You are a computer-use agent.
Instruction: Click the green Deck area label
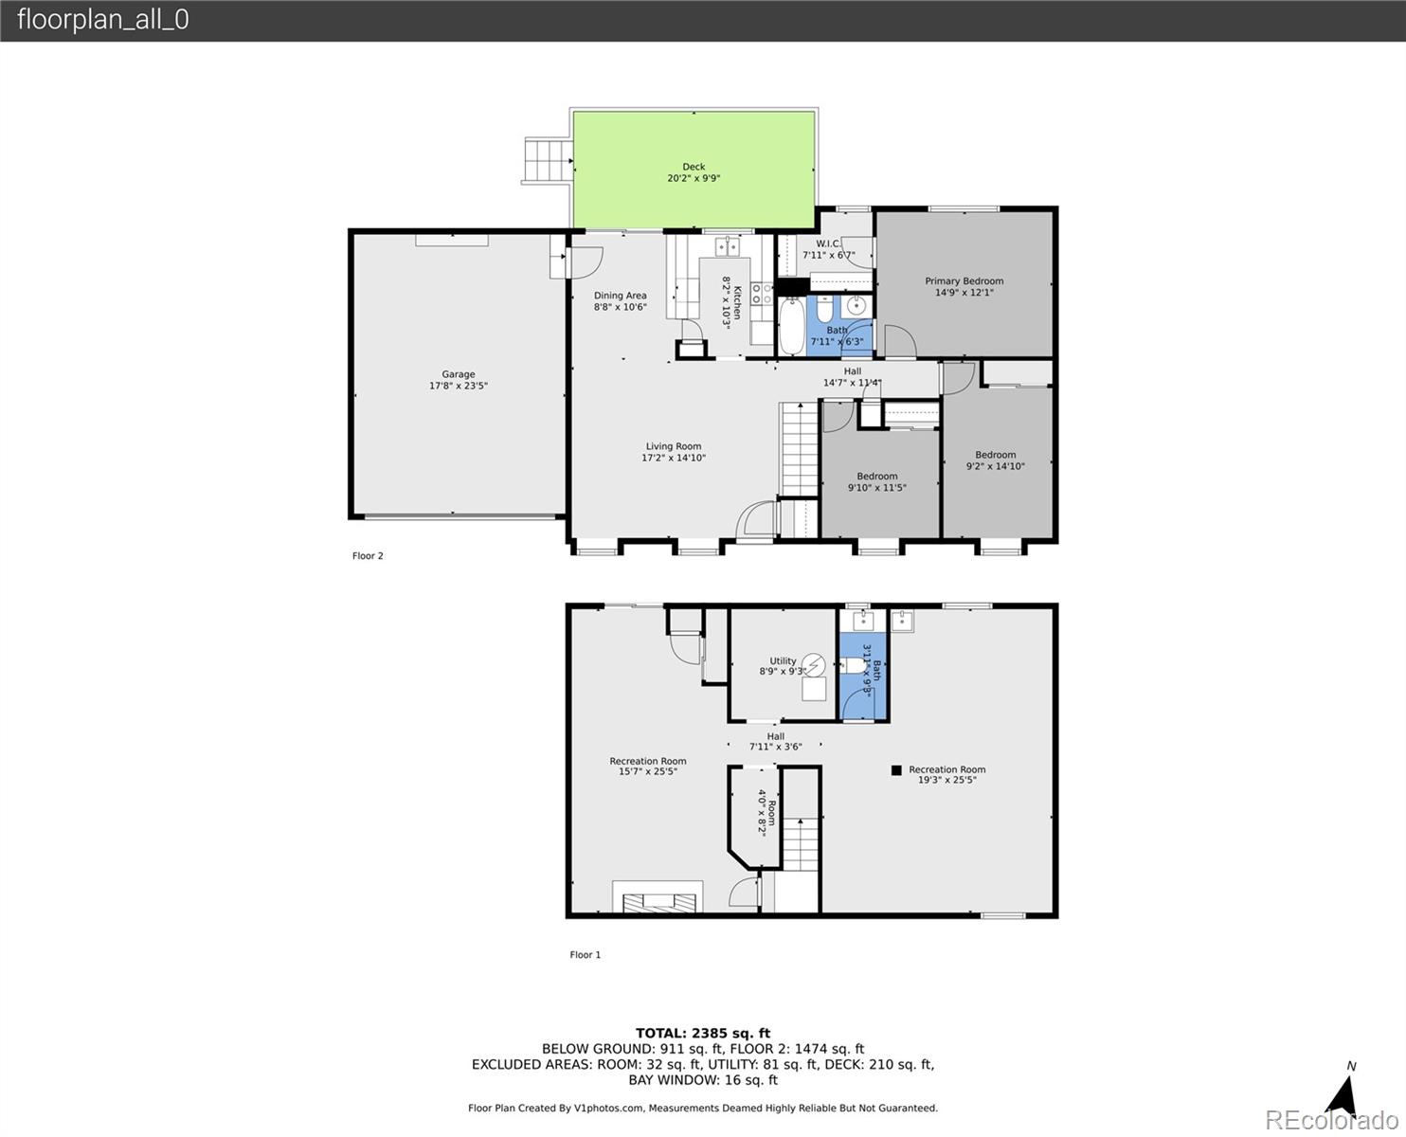pyautogui.click(x=694, y=167)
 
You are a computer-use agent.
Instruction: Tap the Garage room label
pyautogui.click(x=459, y=374)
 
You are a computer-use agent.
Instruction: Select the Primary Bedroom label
pyautogui.click(x=964, y=281)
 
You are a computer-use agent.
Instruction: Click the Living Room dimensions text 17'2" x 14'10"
pyautogui.click(x=674, y=458)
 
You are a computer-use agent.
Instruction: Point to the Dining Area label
pyautogui.click(x=620, y=296)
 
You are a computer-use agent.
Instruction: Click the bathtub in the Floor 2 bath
pyautogui.click(x=791, y=326)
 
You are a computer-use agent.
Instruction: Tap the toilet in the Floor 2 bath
pyautogui.click(x=824, y=308)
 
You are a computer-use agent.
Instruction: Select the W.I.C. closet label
pyautogui.click(x=828, y=244)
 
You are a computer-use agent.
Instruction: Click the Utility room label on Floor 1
pyautogui.click(x=783, y=660)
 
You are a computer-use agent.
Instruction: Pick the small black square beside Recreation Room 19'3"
pyautogui.click(x=896, y=770)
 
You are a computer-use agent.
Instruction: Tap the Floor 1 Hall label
pyautogui.click(x=776, y=736)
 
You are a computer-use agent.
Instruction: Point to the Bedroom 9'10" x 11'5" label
pyautogui.click(x=876, y=477)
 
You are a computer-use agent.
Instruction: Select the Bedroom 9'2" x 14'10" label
pyautogui.click(x=996, y=455)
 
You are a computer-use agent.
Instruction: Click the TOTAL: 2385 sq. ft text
pyautogui.click(x=703, y=1034)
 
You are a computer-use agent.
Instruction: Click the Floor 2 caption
pyautogui.click(x=368, y=555)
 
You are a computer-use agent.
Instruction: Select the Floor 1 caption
pyautogui.click(x=586, y=955)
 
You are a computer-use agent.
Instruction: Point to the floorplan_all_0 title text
pyautogui.click(x=103, y=20)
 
